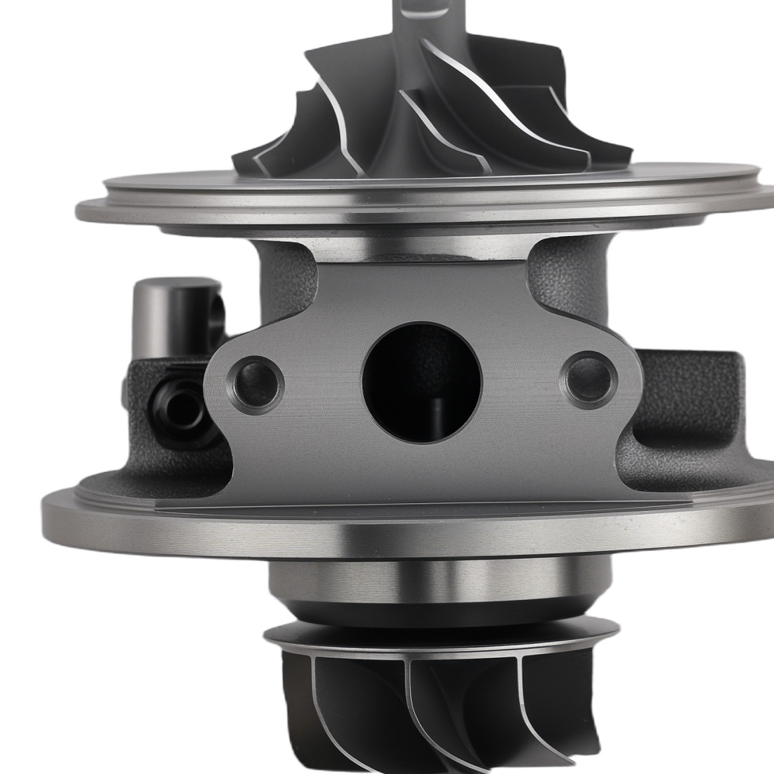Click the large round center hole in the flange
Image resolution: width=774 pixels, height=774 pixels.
[422, 379]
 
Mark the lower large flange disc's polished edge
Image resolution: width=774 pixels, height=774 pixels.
[418, 534]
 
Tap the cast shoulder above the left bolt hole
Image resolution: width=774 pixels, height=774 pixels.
[283, 279]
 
